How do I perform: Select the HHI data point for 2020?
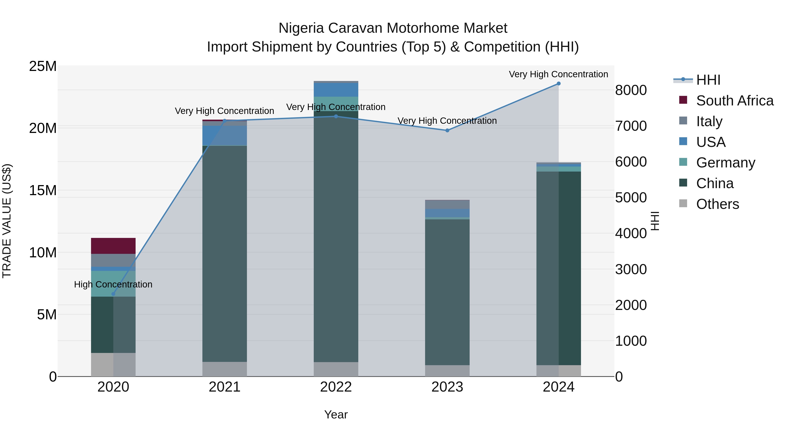coord(113,294)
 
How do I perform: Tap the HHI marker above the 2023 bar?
coord(447,131)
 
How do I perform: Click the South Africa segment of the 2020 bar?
coord(113,246)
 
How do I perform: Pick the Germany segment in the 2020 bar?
coord(113,284)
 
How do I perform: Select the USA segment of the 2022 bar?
coord(336,90)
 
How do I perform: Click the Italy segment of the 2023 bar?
coord(447,204)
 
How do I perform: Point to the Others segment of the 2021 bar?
coord(225,369)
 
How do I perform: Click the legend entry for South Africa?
coord(735,100)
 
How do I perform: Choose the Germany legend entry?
coord(726,163)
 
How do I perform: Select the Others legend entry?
coord(717,204)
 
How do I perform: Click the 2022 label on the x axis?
coord(336,387)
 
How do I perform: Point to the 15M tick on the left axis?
coord(43,190)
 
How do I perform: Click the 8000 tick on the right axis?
coord(631,90)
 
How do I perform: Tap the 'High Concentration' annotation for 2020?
coord(113,284)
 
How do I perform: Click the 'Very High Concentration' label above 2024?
coord(558,74)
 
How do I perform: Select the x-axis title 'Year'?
coord(336,414)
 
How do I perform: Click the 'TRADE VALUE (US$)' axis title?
coord(7,221)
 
